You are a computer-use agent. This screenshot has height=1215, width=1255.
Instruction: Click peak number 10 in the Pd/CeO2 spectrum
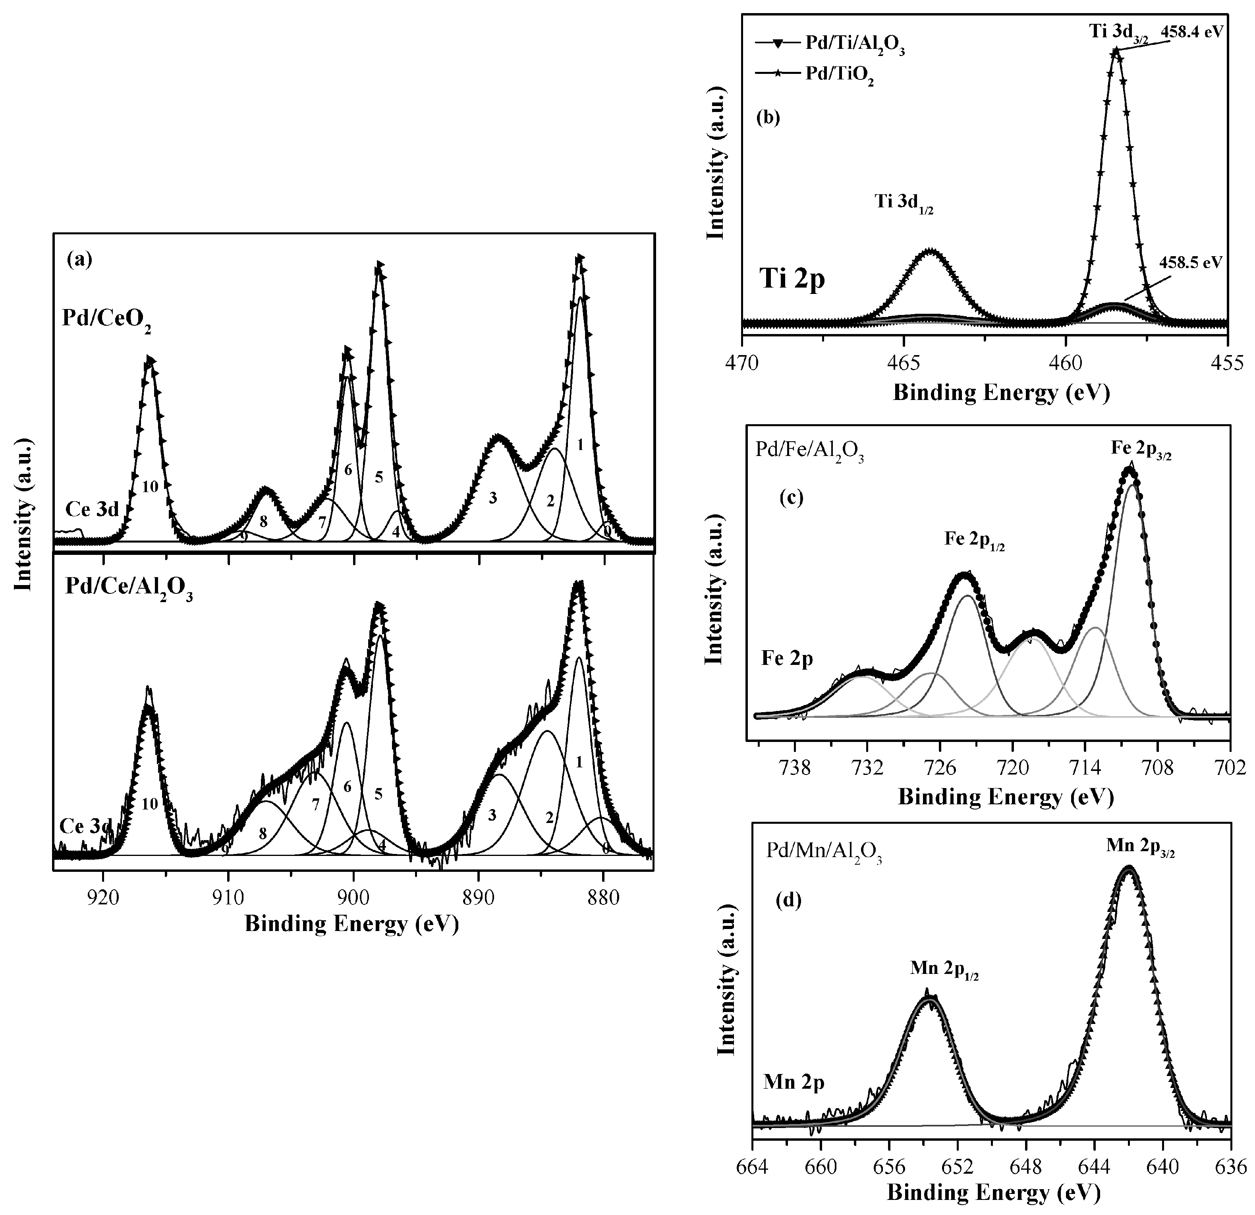[150, 487]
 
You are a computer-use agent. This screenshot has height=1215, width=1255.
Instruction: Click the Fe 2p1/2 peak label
[975, 540]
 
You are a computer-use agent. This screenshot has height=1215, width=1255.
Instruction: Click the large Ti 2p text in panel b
[792, 279]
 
